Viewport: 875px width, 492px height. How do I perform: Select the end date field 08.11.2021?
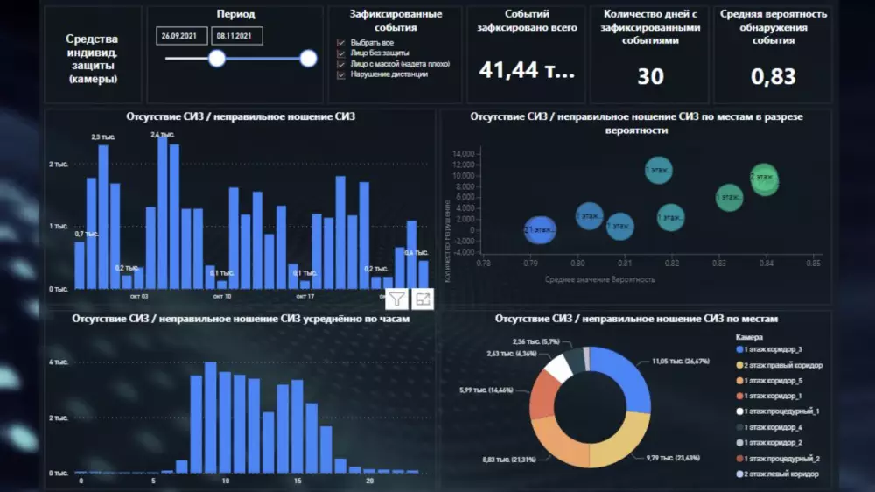pyautogui.click(x=237, y=36)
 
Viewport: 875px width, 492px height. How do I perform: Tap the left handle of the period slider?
pyautogui.click(x=216, y=59)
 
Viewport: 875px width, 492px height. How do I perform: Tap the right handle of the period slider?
pyautogui.click(x=308, y=59)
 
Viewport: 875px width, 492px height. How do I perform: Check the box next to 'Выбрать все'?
pyautogui.click(x=341, y=42)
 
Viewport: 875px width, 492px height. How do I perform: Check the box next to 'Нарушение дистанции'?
pyautogui.click(x=341, y=74)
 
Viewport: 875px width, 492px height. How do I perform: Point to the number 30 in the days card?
pyautogui.click(x=650, y=76)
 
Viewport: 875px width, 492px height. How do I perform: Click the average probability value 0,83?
pyautogui.click(x=773, y=76)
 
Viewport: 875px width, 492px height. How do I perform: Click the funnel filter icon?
pyautogui.click(x=397, y=299)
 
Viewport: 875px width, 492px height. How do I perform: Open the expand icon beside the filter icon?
pyautogui.click(x=423, y=299)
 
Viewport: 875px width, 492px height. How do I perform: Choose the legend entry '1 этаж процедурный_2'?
pyautogui.click(x=780, y=458)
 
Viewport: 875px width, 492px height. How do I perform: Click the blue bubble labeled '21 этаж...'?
pyautogui.click(x=540, y=230)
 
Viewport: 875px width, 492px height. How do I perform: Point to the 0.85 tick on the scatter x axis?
pyautogui.click(x=813, y=262)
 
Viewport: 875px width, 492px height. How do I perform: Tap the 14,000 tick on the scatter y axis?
pyautogui.click(x=463, y=154)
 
